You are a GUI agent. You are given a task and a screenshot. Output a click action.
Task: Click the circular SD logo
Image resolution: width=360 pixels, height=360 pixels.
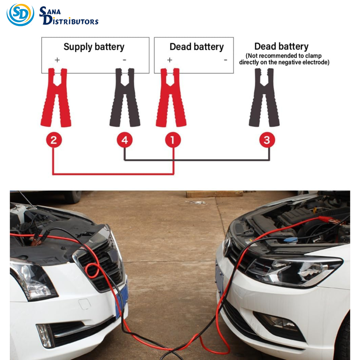(x=21, y=14)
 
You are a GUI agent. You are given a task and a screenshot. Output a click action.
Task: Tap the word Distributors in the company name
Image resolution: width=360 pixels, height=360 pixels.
(x=71, y=20)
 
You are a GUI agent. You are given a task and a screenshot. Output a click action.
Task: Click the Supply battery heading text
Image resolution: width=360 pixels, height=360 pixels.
(x=94, y=47)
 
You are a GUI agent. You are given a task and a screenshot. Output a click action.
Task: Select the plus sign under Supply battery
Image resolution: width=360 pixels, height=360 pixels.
(x=57, y=60)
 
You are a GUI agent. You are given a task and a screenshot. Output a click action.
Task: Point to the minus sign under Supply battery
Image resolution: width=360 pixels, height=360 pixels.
(x=125, y=60)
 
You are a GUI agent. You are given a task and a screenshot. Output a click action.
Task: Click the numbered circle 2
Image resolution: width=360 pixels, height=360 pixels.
(x=54, y=140)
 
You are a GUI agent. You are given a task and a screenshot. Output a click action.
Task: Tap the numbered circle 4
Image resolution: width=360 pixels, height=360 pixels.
(x=125, y=140)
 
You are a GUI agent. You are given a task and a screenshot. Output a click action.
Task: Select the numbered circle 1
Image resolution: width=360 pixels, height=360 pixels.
(x=173, y=140)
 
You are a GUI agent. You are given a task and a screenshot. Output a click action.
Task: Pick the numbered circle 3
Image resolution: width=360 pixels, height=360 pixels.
(x=267, y=140)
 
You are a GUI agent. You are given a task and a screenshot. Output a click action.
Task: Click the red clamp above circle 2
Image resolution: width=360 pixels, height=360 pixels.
(x=56, y=97)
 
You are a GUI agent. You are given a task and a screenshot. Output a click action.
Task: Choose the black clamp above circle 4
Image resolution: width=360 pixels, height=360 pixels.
(x=125, y=97)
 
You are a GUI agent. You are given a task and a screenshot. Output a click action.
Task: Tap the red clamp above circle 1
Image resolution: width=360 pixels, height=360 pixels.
(x=171, y=97)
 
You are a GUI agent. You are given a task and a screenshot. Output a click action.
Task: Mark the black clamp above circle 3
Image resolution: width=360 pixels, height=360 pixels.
(x=264, y=97)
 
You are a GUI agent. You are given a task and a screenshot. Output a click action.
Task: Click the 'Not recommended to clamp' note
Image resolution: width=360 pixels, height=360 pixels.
(x=284, y=59)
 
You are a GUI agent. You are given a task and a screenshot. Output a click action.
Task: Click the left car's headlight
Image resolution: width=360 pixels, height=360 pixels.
(x=32, y=280)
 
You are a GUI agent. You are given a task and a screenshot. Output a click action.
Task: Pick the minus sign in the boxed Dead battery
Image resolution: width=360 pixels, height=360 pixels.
(x=225, y=60)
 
